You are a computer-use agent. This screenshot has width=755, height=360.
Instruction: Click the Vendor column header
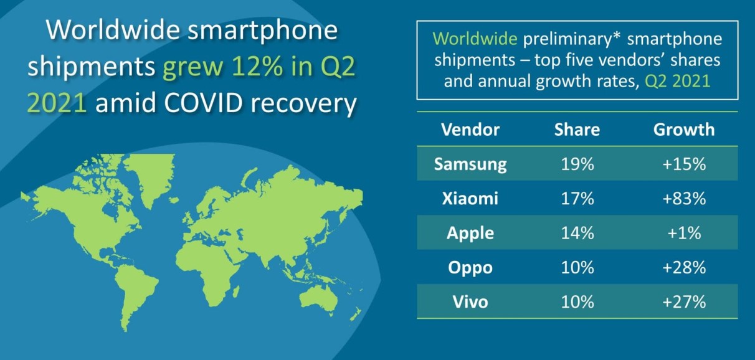point(470,130)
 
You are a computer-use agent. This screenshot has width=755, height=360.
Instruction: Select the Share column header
point(577,130)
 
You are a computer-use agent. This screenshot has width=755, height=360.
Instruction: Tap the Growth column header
point(684,130)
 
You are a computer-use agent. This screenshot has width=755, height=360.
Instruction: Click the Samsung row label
point(470,164)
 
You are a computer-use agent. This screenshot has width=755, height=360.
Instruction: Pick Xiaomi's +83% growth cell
point(684,199)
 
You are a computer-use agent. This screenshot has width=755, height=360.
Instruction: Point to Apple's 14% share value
point(577,233)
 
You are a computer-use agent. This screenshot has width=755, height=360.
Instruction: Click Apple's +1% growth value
point(684,233)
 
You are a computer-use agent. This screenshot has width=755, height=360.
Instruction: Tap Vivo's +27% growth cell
point(684,301)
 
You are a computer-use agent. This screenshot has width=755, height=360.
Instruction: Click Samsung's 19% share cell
point(577,164)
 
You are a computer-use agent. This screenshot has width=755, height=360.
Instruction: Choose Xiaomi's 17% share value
point(577,199)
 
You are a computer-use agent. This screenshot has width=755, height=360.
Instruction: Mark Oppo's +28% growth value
point(684,267)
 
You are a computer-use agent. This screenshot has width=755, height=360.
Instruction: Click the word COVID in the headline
point(203,103)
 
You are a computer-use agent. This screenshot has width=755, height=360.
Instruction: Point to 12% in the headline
point(257,66)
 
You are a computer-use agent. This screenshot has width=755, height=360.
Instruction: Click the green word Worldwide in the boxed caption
point(475,39)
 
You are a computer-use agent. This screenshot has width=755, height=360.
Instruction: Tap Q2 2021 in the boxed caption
point(678,81)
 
